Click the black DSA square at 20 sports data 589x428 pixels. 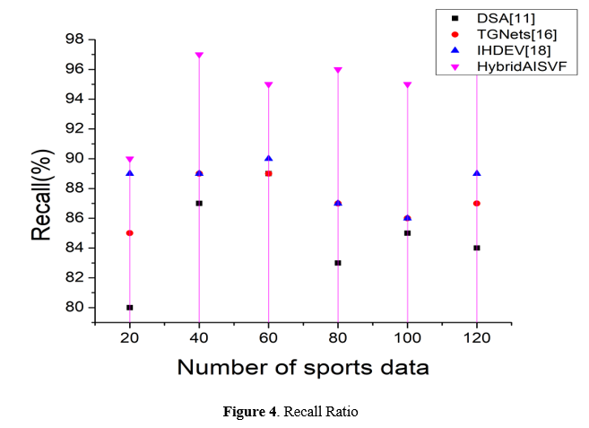pyautogui.click(x=130, y=307)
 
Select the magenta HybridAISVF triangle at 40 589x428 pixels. pyautogui.click(x=199, y=56)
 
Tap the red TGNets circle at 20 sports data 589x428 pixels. pyautogui.click(x=130, y=233)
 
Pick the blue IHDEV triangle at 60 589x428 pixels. pyautogui.click(x=268, y=158)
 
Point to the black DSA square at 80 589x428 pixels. pyautogui.click(x=338, y=263)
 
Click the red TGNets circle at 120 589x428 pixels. pyautogui.click(x=477, y=204)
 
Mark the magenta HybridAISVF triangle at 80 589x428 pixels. pyautogui.click(x=338, y=70)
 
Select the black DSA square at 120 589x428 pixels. pyautogui.click(x=477, y=248)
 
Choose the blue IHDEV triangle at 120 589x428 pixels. pyautogui.click(x=477, y=173)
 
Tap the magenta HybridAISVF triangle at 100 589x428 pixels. pyautogui.click(x=407, y=85)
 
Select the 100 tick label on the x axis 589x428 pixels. pyautogui.click(x=407, y=341)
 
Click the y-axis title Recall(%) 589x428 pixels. pyautogui.click(x=41, y=197)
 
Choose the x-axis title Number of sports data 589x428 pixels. pyautogui.click(x=302, y=367)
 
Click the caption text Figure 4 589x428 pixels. pyautogui.click(x=248, y=412)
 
